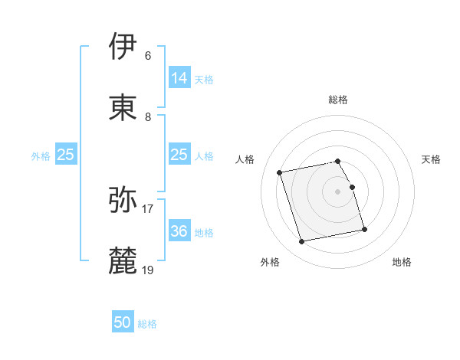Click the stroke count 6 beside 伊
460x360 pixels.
(148, 55)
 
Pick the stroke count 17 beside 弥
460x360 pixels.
(148, 208)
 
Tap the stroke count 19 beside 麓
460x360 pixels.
(148, 270)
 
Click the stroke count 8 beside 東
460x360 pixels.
(148, 116)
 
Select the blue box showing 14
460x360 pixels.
(179, 77)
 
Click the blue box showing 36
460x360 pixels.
(179, 231)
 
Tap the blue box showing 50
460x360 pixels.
(123, 322)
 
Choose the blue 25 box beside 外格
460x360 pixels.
(66, 155)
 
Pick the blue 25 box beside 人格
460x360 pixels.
(179, 155)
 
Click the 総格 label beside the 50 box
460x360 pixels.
(147, 324)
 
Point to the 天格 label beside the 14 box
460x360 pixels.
(203, 79)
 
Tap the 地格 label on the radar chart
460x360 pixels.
(402, 262)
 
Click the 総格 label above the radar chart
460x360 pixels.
(338, 100)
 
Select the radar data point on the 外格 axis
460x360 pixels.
(302, 242)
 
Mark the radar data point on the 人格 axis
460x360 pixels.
(280, 172)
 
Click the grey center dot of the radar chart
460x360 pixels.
(338, 191)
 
